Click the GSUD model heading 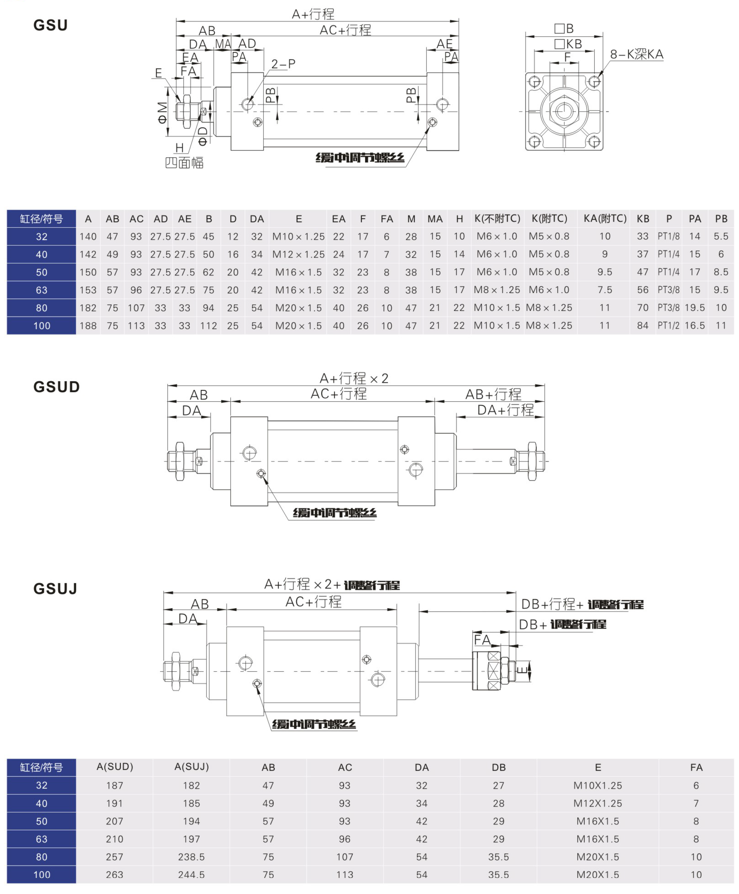click(57, 387)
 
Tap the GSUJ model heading click(55, 589)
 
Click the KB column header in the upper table click(643, 219)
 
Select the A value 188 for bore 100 click(88, 326)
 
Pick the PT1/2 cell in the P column click(668, 326)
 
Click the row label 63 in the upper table click(42, 290)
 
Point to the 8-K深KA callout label click(637, 54)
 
